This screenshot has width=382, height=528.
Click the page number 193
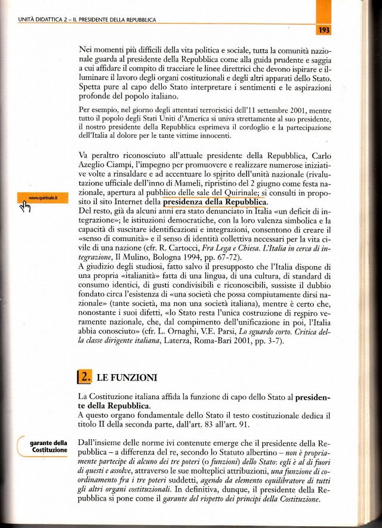(325, 29)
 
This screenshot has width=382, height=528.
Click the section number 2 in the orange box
(86, 376)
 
